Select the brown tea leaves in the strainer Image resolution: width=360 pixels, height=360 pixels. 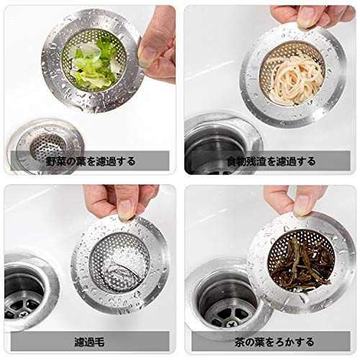[304, 264]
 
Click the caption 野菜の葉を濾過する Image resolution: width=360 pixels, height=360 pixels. [90, 161]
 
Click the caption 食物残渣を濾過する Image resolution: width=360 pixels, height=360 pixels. [271, 161]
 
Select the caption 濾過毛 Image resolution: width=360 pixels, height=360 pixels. [89, 342]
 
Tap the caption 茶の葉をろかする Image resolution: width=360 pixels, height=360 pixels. [274, 342]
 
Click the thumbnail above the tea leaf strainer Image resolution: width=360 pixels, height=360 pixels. [303, 204]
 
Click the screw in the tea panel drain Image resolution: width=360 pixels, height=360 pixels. [231, 325]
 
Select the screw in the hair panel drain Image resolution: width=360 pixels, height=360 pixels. [24, 312]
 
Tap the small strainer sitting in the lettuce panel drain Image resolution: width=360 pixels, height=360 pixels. [48, 146]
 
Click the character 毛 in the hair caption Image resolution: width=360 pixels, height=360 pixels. [99, 342]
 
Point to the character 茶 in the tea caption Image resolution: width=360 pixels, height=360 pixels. [240, 342]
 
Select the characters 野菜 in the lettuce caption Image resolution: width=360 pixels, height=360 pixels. [55, 161]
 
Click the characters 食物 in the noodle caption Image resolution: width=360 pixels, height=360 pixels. [237, 161]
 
